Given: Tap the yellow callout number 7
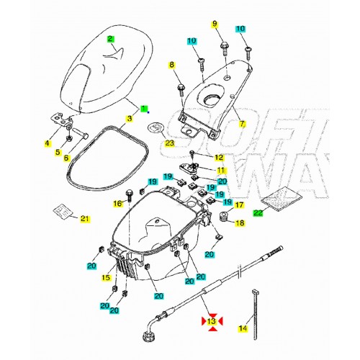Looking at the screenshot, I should [242, 124].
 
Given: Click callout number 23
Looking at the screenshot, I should [168, 143].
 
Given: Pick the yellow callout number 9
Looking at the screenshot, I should [214, 24].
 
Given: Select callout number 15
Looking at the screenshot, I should [107, 278].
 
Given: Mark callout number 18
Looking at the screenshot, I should [240, 223].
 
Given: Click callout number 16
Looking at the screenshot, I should [117, 204].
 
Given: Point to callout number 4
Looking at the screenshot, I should [48, 143].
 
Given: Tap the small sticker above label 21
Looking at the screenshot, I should [63, 210].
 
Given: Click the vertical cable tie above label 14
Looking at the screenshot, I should [255, 302].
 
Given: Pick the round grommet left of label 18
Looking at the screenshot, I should [225, 218].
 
